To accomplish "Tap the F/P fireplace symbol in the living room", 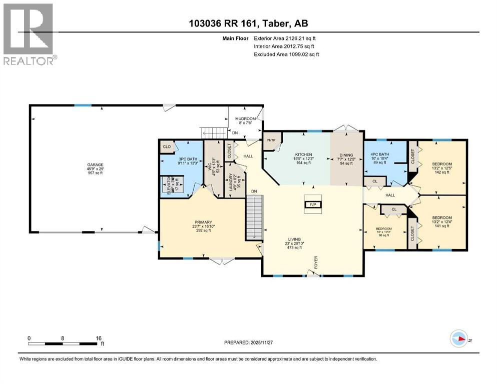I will tap(314, 204).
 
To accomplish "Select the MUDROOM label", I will tap(245, 119).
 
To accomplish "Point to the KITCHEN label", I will tap(303, 154).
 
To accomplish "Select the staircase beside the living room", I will tap(254, 217).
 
